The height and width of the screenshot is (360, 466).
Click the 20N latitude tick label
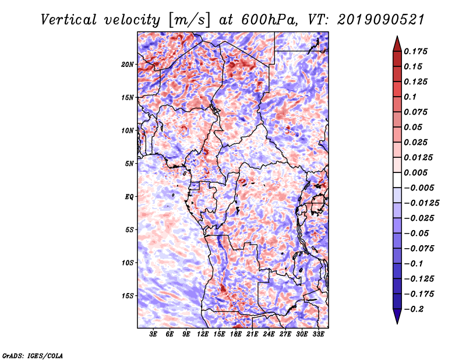[x=128, y=64]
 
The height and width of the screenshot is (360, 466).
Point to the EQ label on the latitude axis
[x=129, y=196]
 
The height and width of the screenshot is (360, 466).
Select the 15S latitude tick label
[x=128, y=295]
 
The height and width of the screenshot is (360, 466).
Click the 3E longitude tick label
[x=154, y=335]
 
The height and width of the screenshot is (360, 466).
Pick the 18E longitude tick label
[x=236, y=335]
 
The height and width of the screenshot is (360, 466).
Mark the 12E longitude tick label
[x=203, y=335]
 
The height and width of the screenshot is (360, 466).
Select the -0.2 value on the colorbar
[x=416, y=309]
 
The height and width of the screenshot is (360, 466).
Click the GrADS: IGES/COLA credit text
[x=32, y=355]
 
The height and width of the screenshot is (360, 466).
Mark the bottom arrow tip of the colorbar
[x=397, y=323]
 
